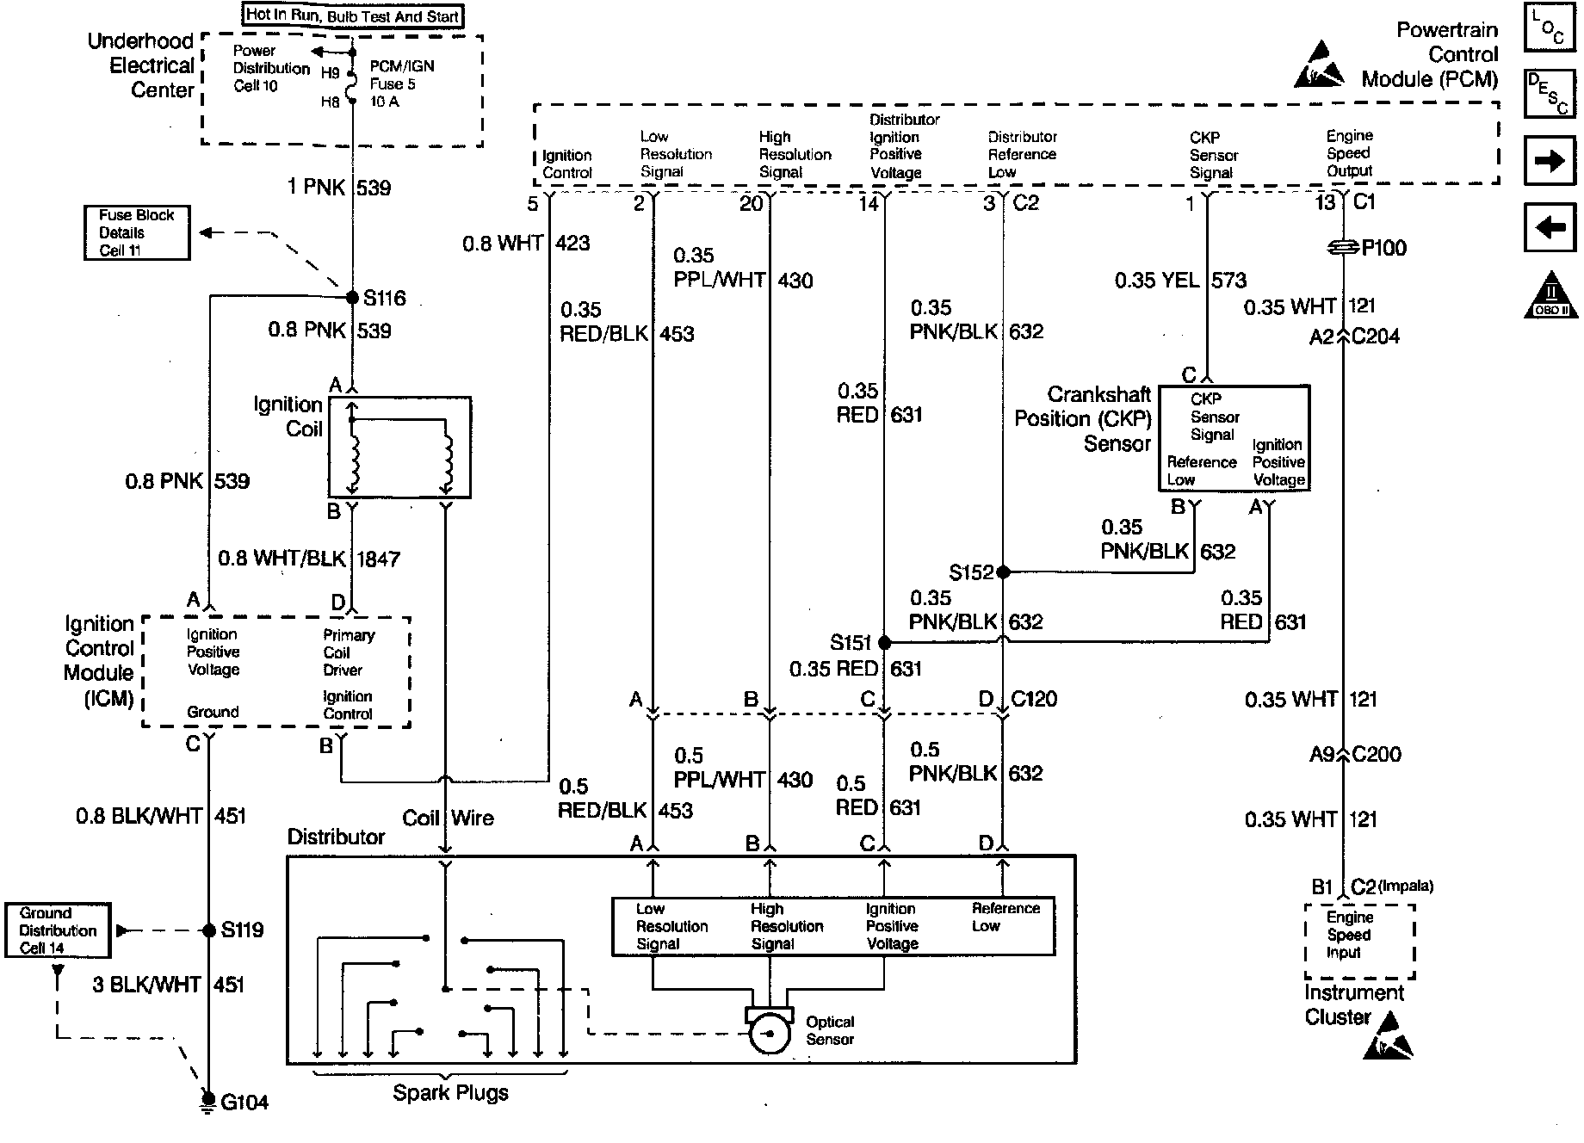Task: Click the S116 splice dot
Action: (x=352, y=298)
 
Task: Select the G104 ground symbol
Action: (x=207, y=1101)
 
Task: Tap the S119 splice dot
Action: (x=208, y=930)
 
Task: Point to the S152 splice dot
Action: (x=1002, y=571)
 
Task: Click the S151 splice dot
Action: (x=884, y=643)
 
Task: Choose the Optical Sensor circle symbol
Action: (x=770, y=1034)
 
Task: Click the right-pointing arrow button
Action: (x=1550, y=161)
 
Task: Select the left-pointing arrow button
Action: (x=1550, y=227)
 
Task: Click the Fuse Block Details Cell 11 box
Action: (x=137, y=232)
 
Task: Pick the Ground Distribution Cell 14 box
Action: (x=58, y=930)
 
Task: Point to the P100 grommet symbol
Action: (x=1344, y=248)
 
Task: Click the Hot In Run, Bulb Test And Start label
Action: (x=352, y=15)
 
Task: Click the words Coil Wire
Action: (x=448, y=818)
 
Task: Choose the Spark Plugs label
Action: (x=450, y=1093)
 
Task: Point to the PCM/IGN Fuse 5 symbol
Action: (x=352, y=87)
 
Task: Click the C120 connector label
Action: (x=1034, y=699)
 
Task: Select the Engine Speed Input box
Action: (x=1359, y=941)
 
